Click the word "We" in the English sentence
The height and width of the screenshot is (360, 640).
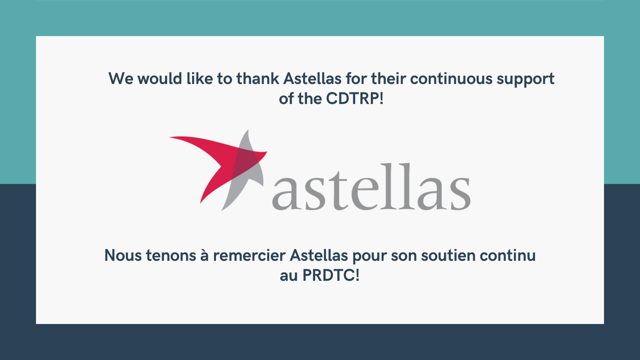pyautogui.click(x=121, y=78)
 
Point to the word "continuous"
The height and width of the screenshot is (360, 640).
pyautogui.click(x=451, y=78)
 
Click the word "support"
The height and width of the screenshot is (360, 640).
pyautogui.click(x=526, y=80)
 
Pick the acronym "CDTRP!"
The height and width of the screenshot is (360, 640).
pyautogui.click(x=354, y=98)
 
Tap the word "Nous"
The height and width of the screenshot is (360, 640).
pyautogui.click(x=123, y=255)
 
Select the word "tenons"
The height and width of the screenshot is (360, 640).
pyautogui.click(x=171, y=256)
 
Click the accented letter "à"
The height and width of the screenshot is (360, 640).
pyautogui.click(x=204, y=255)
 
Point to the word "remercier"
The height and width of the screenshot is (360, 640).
pyautogui.click(x=249, y=255)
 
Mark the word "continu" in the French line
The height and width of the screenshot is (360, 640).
pyautogui.click(x=508, y=255)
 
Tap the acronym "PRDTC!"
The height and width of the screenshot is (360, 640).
pyautogui.click(x=330, y=276)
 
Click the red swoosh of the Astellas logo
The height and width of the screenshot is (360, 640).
pyautogui.click(x=217, y=160)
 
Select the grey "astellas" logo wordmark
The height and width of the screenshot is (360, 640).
pyautogui.click(x=371, y=187)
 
